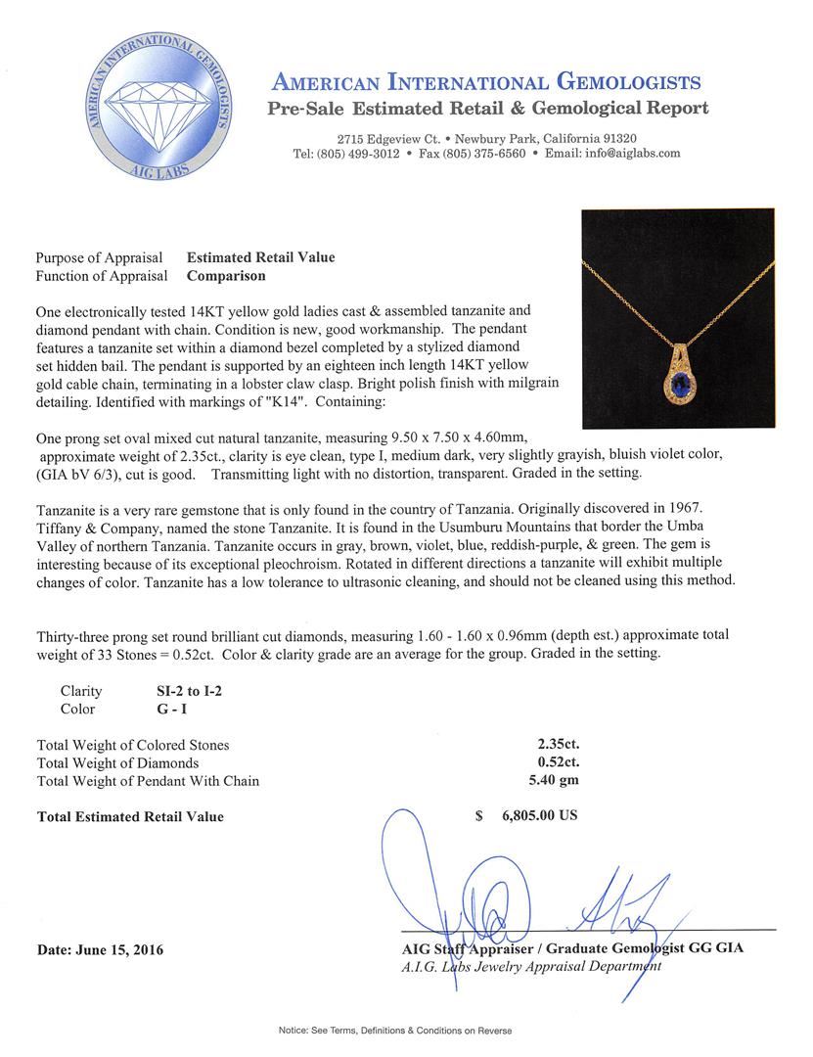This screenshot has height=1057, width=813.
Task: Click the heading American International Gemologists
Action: (485, 81)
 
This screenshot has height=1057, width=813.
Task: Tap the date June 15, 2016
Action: (101, 949)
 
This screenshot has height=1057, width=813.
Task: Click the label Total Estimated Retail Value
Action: (130, 816)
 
